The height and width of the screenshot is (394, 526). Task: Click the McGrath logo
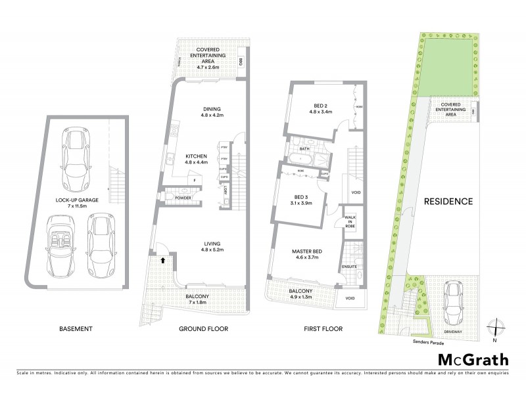(474, 359)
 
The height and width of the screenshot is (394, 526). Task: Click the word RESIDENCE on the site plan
(448, 202)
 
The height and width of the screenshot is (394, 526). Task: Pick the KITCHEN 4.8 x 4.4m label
(196, 158)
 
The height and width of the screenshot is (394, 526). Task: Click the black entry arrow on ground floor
(160, 261)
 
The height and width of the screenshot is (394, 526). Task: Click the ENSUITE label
(349, 267)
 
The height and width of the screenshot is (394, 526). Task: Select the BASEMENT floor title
(76, 328)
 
